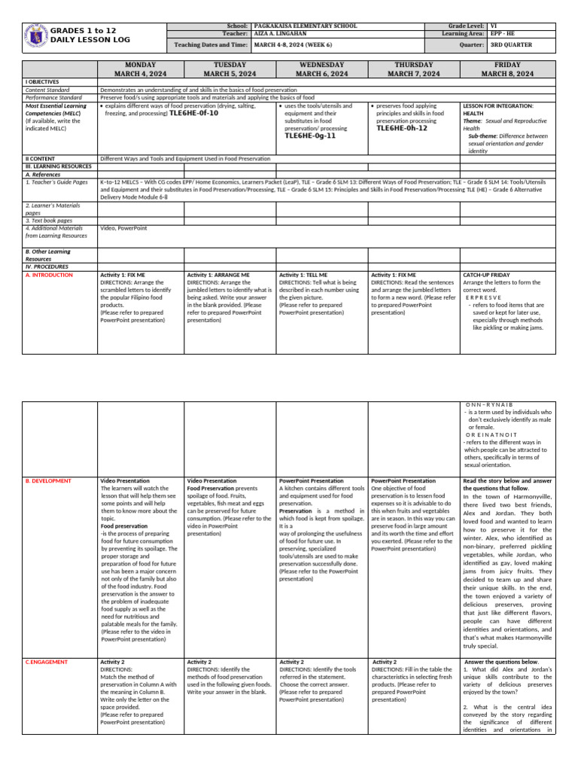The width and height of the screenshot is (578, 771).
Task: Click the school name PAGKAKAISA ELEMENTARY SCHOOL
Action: pos(295,26)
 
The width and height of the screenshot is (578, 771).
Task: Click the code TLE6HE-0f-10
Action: pos(193,113)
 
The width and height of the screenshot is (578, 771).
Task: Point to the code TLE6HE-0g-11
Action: pos(309,136)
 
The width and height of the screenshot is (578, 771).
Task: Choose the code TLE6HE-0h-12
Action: pos(401,128)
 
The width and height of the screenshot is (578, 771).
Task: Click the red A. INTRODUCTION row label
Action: pos(49,276)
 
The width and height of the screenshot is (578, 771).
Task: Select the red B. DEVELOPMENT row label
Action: pos(48,480)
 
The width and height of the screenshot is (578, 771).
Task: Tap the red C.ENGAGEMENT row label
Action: pos(47,662)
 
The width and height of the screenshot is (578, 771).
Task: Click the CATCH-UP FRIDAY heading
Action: pos(487,276)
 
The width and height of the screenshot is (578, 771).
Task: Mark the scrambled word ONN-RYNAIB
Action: pos(488,405)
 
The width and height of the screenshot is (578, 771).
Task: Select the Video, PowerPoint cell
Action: pos(123,227)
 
